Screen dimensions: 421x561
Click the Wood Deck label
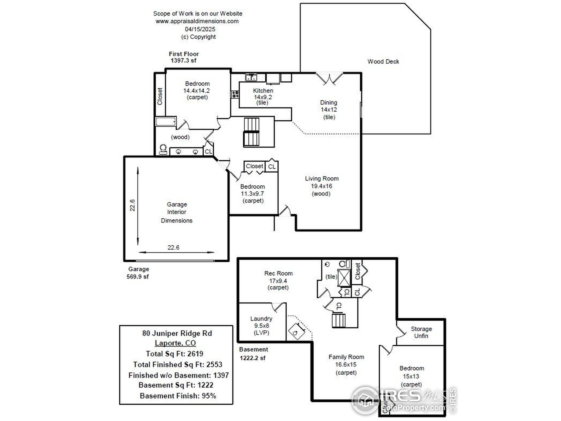tap(383, 61)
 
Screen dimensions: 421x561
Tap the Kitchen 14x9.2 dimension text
tap(263, 97)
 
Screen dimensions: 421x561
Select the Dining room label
tap(328, 103)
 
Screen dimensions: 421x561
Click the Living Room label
tap(321, 178)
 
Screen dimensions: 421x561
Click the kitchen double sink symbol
tap(251, 77)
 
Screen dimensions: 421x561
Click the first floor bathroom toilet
tap(163, 149)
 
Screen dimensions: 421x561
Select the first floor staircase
tap(251, 132)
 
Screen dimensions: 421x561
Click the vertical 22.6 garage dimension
tap(132, 205)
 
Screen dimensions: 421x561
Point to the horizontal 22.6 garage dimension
tap(173, 247)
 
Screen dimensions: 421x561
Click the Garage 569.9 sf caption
tap(138, 273)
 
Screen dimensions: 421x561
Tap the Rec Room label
tap(278, 273)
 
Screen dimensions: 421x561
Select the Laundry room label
tap(261, 319)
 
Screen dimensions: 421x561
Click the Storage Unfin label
tap(421, 332)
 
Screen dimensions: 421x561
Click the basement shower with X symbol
tap(344, 278)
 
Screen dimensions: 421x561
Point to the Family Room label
tap(346, 357)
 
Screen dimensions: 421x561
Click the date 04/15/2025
tap(200, 29)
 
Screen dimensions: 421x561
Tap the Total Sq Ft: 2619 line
tap(174, 353)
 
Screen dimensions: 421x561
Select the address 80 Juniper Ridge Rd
tap(177, 333)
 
